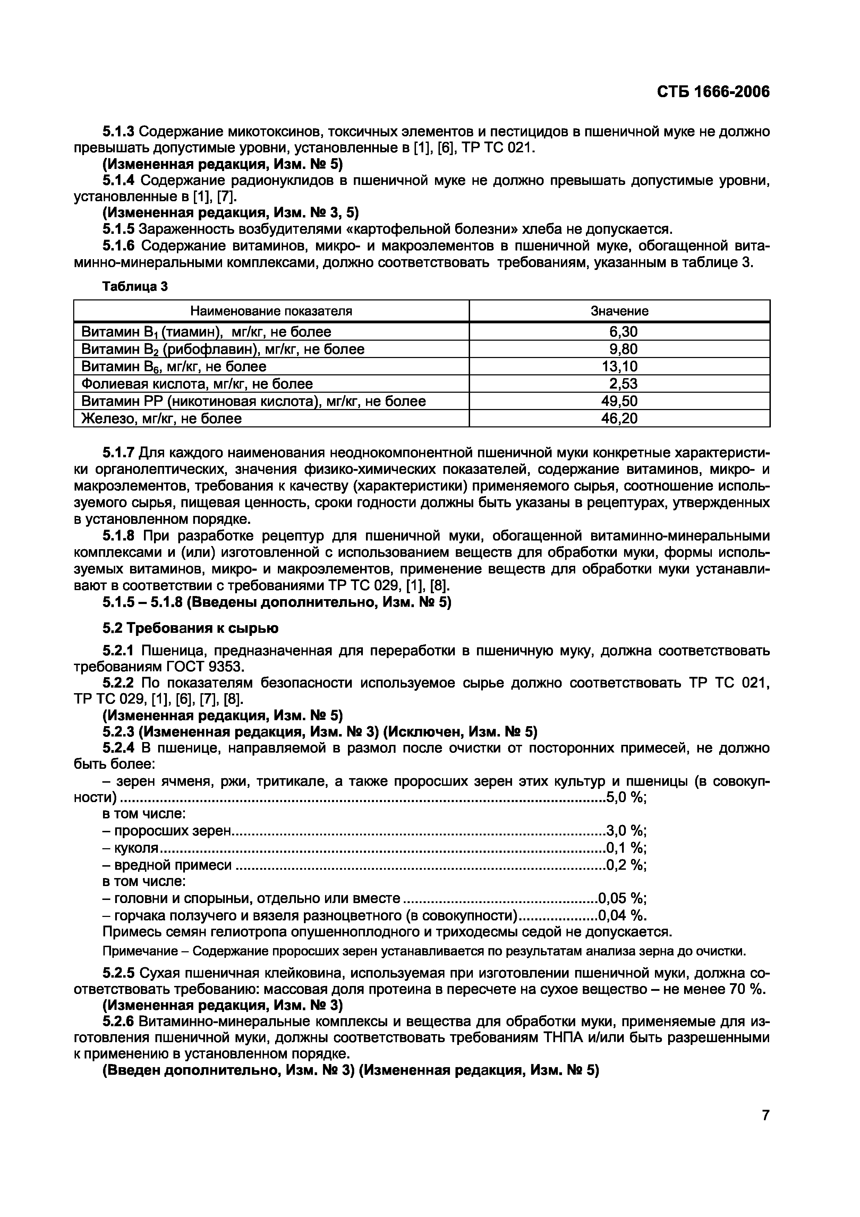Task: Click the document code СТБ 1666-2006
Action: (x=713, y=92)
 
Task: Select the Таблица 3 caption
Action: (x=135, y=287)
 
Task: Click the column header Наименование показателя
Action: (x=271, y=311)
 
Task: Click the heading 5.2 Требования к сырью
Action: (x=190, y=628)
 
